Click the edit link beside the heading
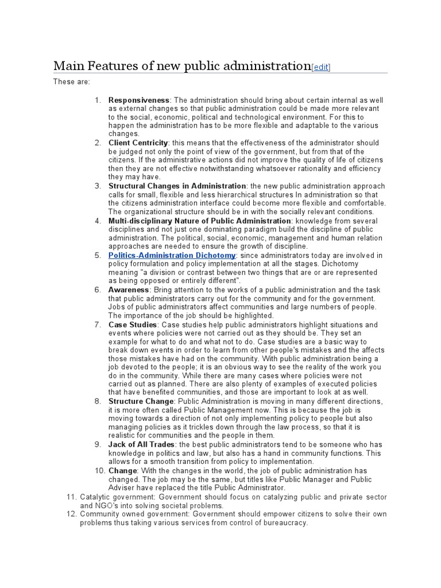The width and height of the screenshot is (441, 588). (321, 67)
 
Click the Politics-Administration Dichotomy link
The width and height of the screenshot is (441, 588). (172, 255)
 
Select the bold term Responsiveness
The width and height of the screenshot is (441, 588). (139, 100)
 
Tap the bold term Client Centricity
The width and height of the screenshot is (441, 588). (138, 142)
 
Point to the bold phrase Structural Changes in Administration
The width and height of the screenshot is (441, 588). (177, 186)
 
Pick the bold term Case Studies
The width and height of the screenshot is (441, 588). (132, 324)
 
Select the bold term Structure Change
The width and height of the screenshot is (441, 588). (141, 401)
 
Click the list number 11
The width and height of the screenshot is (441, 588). (71, 497)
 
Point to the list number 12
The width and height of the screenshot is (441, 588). (71, 514)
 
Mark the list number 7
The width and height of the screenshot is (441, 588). (98, 324)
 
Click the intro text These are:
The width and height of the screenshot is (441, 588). (71, 82)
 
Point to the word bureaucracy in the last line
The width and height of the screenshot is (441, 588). (285, 523)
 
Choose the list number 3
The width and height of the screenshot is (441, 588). (98, 186)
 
